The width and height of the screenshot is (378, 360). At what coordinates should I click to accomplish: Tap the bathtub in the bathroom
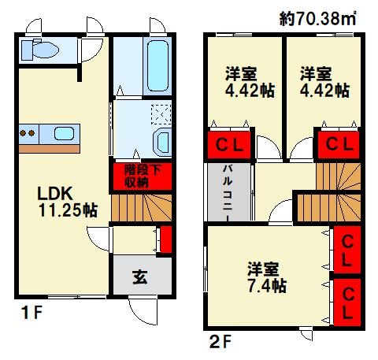(157, 65)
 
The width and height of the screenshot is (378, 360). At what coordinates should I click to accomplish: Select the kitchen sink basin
(65, 133)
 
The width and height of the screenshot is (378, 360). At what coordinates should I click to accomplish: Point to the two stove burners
(28, 133)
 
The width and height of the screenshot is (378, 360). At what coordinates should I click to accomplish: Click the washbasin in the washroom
(161, 142)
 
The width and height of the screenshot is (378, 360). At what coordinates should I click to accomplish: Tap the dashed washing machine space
(161, 114)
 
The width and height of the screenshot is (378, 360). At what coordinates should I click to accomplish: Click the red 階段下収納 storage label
(143, 176)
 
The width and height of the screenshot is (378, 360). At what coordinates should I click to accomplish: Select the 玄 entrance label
(140, 277)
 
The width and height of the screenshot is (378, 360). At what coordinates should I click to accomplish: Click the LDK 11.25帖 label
(68, 202)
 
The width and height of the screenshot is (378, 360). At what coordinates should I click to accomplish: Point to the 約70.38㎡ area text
(317, 18)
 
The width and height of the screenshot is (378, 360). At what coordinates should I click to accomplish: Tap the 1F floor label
(31, 313)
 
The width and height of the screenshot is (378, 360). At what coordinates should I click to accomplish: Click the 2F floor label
(220, 342)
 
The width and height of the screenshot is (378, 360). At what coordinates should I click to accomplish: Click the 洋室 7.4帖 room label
(267, 277)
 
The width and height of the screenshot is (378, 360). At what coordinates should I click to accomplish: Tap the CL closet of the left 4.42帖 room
(229, 145)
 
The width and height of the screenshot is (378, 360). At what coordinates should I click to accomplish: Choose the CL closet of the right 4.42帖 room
(339, 145)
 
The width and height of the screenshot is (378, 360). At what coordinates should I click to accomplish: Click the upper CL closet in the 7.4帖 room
(347, 250)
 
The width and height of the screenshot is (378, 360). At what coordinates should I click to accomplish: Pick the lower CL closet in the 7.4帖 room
(347, 302)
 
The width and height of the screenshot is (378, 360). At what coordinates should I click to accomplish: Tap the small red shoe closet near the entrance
(166, 239)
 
